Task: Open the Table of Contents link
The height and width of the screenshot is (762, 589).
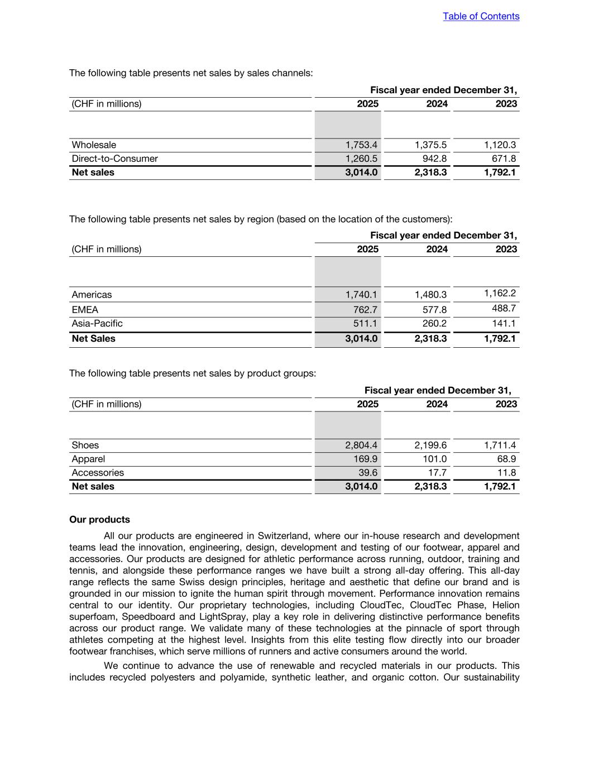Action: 481,16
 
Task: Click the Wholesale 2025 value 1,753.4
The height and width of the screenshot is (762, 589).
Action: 361,145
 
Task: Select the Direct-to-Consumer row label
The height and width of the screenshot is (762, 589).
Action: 114,159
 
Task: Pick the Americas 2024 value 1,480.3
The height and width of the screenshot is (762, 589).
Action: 430,295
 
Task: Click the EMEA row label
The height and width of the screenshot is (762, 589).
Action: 85,310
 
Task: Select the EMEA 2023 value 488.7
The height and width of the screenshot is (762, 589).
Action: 504,308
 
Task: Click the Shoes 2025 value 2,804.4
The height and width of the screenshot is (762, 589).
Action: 361,445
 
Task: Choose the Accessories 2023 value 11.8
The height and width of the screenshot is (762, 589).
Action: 506,473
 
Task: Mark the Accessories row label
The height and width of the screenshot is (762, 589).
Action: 98,473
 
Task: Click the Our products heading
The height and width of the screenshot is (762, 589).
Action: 99,520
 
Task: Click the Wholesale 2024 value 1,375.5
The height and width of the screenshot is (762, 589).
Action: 430,145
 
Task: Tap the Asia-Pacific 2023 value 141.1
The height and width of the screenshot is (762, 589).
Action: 504,324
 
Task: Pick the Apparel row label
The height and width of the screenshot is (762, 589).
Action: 88,459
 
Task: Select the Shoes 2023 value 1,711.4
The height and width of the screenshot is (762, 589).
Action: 500,445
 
